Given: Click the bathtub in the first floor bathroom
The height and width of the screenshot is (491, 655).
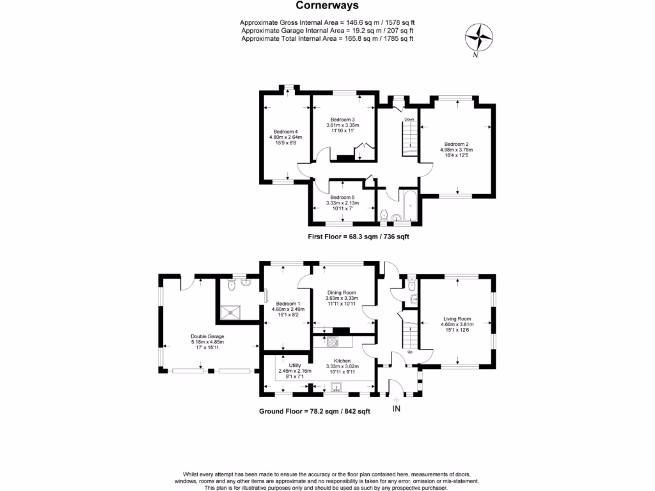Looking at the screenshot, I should [x=407, y=207].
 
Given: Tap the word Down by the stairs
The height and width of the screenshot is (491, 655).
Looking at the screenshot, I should [x=409, y=120].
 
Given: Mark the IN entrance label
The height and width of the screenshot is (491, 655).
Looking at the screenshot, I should [x=396, y=409].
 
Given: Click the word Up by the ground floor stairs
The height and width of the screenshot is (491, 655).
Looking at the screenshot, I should [x=410, y=352].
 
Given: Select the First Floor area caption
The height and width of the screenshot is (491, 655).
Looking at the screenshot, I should [x=358, y=237].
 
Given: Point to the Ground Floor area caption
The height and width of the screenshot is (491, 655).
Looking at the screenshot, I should [x=314, y=411].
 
